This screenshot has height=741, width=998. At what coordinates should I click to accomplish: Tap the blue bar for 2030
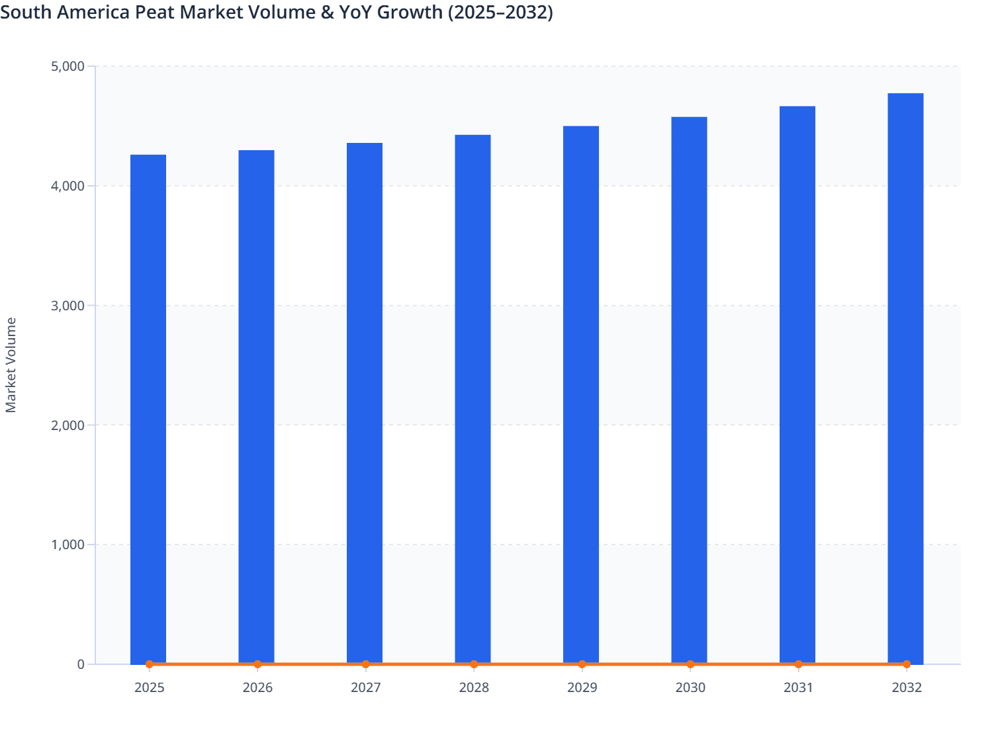pyautogui.click(x=689, y=390)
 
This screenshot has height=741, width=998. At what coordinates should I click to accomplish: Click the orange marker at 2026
pyautogui.click(x=257, y=664)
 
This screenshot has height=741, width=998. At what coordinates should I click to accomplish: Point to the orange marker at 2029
pyautogui.click(x=582, y=664)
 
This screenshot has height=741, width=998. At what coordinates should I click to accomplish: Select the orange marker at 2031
pyautogui.click(x=798, y=664)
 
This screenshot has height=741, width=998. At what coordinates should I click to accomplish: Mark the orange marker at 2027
pyautogui.click(x=365, y=664)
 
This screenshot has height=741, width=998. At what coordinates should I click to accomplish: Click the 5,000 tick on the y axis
pyautogui.click(x=68, y=66)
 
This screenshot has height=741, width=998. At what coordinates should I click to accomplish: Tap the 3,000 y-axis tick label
pyautogui.click(x=68, y=306)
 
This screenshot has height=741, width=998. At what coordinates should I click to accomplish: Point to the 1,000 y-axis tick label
pyautogui.click(x=68, y=545)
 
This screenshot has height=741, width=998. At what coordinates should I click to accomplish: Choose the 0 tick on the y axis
pyautogui.click(x=81, y=664)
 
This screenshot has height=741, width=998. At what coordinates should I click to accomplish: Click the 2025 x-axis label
pyautogui.click(x=149, y=687)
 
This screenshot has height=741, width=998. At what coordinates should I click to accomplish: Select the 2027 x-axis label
pyautogui.click(x=365, y=687)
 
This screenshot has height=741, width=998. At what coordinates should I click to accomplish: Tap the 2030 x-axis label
pyautogui.click(x=690, y=687)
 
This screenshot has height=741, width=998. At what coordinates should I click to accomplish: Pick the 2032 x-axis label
pyautogui.click(x=907, y=687)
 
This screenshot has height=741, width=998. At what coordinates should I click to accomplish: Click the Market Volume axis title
pyautogui.click(x=11, y=365)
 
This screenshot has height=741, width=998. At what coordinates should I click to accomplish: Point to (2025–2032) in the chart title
pyautogui.click(x=500, y=12)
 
